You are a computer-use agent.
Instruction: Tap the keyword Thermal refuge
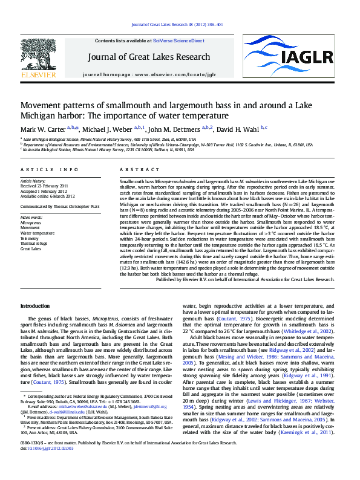pyautogui.click(x=34, y=244)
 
